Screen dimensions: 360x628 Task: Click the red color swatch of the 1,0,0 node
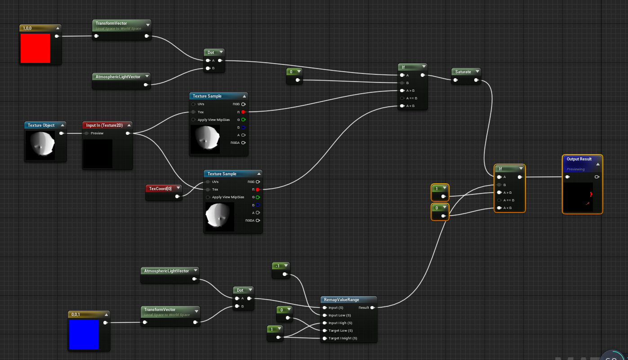pyautogui.click(x=35, y=48)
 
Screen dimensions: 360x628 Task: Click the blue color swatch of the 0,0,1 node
pyautogui.click(x=84, y=334)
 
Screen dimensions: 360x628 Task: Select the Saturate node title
pyautogui.click(x=463, y=72)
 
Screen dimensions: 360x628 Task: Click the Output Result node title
pyautogui.click(x=579, y=159)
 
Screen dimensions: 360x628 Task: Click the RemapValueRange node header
pyautogui.click(x=341, y=300)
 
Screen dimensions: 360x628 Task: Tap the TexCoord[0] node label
pyautogui.click(x=160, y=188)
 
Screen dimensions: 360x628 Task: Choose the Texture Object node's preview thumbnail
pyautogui.click(x=40, y=145)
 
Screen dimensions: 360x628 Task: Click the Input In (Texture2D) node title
pyautogui.click(x=104, y=125)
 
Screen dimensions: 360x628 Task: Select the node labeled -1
pyautogui.click(x=278, y=266)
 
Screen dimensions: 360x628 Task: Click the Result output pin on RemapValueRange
pyautogui.click(x=373, y=308)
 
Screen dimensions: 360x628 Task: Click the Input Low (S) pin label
pyautogui.click(x=339, y=315)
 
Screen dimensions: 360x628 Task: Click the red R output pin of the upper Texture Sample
pyautogui.click(x=243, y=112)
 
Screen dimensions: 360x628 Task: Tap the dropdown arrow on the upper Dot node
pyautogui.click(x=221, y=53)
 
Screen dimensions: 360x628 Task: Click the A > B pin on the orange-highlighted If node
pyautogui.click(x=499, y=192)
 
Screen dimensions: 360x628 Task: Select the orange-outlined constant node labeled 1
pyautogui.click(x=436, y=188)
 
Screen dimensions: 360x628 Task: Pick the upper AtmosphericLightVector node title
pyautogui.click(x=118, y=77)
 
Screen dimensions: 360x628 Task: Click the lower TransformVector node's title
pyautogui.click(x=160, y=310)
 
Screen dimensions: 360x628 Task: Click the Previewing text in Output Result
pyautogui.click(x=575, y=169)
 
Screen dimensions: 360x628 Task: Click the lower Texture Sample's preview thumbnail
pyautogui.click(x=219, y=216)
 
